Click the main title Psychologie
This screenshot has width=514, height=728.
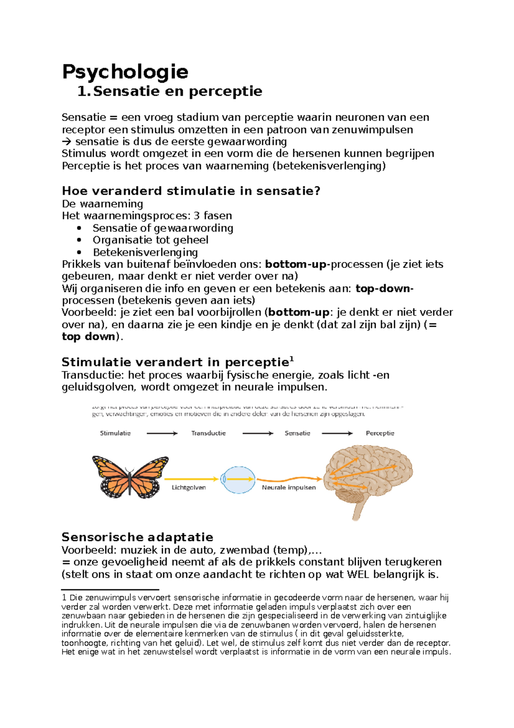click(125, 72)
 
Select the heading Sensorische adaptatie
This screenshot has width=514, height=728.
click(137, 537)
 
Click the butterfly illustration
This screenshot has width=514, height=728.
click(130, 476)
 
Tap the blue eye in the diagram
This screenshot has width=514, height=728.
click(238, 479)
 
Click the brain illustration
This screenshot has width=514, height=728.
click(368, 476)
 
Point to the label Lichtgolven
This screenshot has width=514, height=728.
click(188, 487)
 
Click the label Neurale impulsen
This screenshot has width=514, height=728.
click(289, 487)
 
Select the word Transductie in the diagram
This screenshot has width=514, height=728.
click(208, 433)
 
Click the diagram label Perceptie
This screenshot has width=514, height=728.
click(380, 433)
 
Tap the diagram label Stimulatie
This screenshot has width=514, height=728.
click(115, 433)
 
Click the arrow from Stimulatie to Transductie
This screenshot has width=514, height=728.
click(162, 433)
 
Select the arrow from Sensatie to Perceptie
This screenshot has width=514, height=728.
click(337, 433)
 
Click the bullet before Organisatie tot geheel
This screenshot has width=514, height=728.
click(79, 240)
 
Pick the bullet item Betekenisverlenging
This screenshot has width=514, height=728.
click(145, 252)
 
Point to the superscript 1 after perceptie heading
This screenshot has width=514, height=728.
click(292, 359)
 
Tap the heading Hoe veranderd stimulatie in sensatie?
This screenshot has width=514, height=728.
click(191, 191)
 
